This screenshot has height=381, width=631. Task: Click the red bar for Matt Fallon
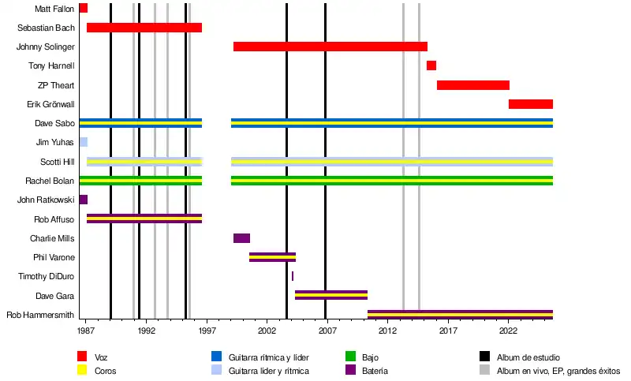(x=83, y=8)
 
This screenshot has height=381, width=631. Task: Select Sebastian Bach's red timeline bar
(x=144, y=28)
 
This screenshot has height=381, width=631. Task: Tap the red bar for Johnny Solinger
(x=330, y=47)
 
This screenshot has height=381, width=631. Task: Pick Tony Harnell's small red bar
(x=431, y=65)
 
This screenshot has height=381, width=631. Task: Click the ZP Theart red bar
(x=472, y=85)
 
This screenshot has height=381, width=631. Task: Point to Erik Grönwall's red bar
(x=530, y=104)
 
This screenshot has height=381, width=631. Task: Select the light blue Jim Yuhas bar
(x=83, y=142)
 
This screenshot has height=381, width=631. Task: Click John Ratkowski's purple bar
(x=83, y=200)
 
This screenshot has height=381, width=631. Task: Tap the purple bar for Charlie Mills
(x=241, y=238)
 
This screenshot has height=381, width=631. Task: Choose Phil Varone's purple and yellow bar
(x=272, y=256)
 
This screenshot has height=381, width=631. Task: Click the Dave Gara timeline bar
(x=330, y=295)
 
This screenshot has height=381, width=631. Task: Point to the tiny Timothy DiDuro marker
(x=293, y=276)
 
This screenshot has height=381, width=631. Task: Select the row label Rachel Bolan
(x=50, y=181)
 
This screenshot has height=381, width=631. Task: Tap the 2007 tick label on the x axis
(x=326, y=333)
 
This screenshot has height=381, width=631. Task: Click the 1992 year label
(x=146, y=333)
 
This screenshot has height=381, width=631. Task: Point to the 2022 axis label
(x=508, y=333)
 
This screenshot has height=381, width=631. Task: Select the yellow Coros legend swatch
(x=82, y=370)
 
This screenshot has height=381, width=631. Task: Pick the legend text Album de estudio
(x=528, y=358)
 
